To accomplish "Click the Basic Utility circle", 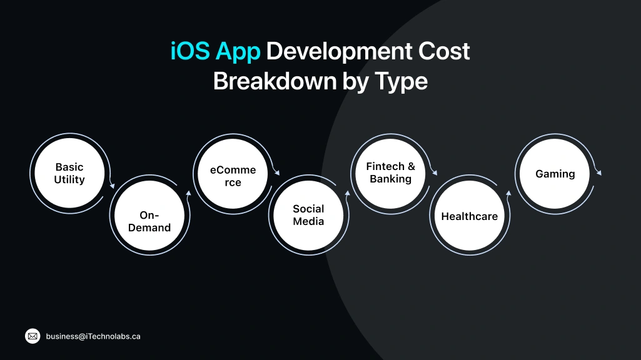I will pos(69,173).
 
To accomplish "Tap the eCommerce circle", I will pos(233,176).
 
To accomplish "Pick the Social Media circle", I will pos(309,215).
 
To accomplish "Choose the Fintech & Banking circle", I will pos(391,173).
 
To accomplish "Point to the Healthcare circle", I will pos(470,216).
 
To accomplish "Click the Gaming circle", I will pos(555,174).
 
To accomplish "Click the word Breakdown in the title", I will pos(273,81).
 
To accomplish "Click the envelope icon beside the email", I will pos(33,336).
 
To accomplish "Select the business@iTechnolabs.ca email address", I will pos(93,336).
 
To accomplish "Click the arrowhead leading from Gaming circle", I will pos(598,173).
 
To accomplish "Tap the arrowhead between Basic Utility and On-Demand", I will pos(113,185).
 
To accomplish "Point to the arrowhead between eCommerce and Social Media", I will pos(277,176).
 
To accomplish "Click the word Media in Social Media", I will pos(309,221).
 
